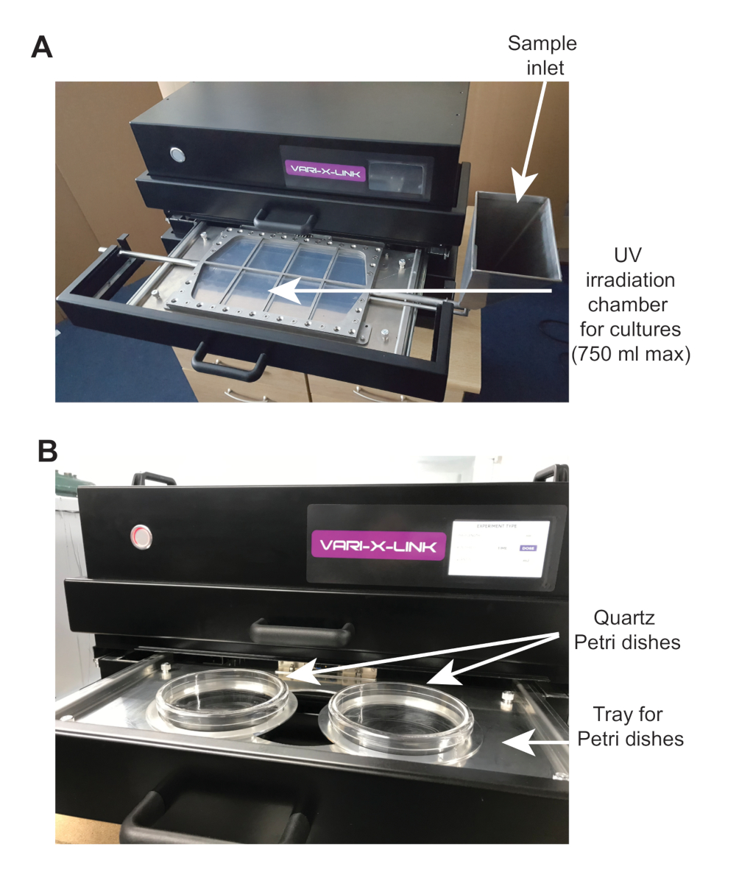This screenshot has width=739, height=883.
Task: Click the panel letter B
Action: click(x=47, y=450)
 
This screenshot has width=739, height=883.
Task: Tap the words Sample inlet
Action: click(x=542, y=56)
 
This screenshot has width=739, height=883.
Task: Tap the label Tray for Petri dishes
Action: click(x=630, y=726)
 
